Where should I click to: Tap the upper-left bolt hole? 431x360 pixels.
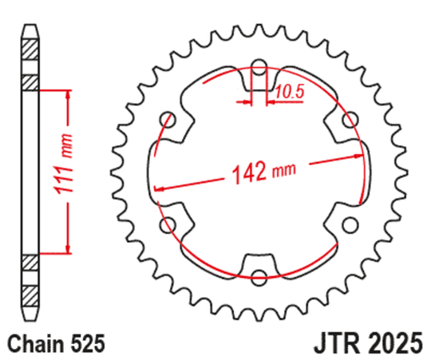tap(168, 121)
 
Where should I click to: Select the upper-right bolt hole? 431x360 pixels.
tap(350, 120)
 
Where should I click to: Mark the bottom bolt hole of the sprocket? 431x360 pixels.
tap(259, 277)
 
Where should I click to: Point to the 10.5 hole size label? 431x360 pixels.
tap(290, 93)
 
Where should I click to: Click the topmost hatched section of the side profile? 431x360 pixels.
tap(30, 47)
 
